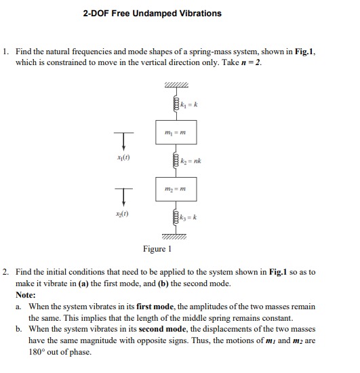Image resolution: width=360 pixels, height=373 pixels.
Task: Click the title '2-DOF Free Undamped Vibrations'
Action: (x=152, y=14)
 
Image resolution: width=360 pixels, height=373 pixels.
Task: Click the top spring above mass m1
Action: (x=176, y=106)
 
